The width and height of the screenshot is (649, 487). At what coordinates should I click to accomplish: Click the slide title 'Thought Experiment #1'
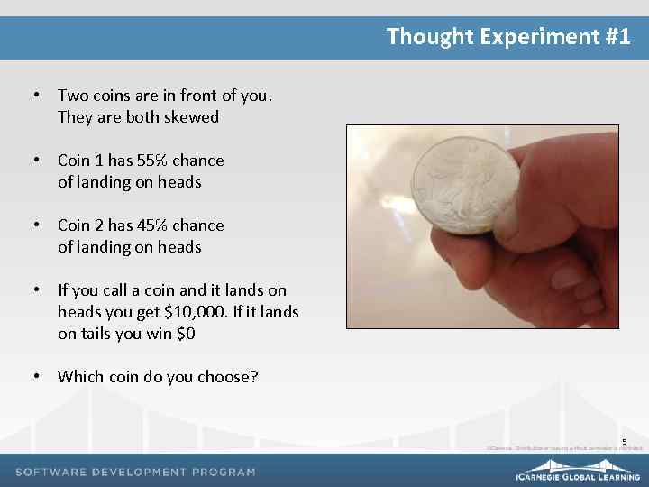pyautogui.click(x=508, y=37)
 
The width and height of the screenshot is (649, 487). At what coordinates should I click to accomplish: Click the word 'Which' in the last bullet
pyautogui.click(x=79, y=377)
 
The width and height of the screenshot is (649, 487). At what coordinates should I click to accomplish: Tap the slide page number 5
pyautogui.click(x=624, y=441)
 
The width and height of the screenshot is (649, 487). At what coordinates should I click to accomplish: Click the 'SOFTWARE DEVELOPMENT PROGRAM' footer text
pyautogui.click(x=136, y=472)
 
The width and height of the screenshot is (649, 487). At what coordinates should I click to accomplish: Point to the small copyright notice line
pyautogui.click(x=564, y=447)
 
